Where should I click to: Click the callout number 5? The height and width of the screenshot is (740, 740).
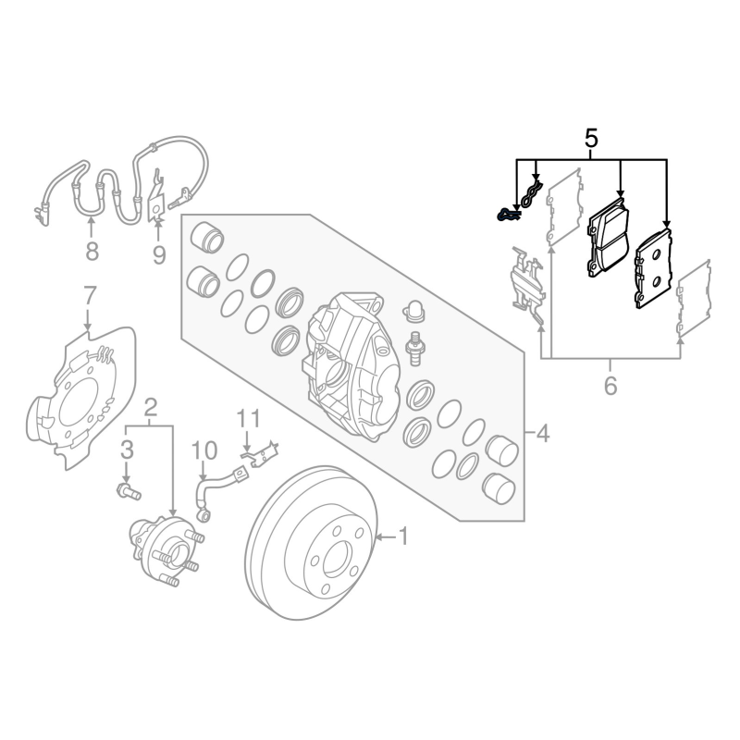click(x=591, y=140)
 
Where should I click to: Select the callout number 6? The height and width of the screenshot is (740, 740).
click(x=610, y=386)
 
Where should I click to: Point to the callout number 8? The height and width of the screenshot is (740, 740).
click(x=92, y=251)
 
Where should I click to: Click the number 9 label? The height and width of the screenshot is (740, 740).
click(x=159, y=255)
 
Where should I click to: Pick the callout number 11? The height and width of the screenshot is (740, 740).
click(x=248, y=419)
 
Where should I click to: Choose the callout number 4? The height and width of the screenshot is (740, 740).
click(x=543, y=433)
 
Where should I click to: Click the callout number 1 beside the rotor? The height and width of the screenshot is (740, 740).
click(x=403, y=536)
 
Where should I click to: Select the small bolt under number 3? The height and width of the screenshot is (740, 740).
click(x=129, y=492)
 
